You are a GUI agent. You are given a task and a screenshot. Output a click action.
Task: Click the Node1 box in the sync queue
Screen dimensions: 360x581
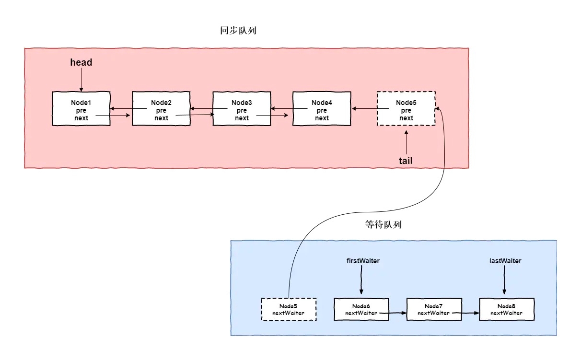(x=81, y=109)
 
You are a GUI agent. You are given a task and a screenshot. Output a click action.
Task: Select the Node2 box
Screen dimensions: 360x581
(x=161, y=109)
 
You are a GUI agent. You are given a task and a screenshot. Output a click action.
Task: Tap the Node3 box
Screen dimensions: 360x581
(x=242, y=109)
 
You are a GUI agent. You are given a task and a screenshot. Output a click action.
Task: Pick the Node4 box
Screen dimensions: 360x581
(x=321, y=109)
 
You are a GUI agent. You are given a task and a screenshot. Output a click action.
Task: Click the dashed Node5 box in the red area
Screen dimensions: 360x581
(x=406, y=109)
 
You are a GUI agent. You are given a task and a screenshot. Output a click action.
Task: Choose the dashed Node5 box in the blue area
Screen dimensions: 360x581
(x=289, y=309)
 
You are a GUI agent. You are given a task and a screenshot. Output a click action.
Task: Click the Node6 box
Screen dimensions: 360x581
(x=361, y=309)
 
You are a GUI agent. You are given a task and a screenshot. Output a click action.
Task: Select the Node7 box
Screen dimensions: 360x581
(x=434, y=309)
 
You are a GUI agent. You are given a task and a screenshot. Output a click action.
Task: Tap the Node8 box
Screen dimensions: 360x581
(x=506, y=309)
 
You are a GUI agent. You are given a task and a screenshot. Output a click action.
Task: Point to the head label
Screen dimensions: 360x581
(x=81, y=62)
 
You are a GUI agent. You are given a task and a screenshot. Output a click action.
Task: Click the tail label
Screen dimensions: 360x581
(x=406, y=161)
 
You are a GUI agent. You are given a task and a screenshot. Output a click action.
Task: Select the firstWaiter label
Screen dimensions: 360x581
(x=363, y=261)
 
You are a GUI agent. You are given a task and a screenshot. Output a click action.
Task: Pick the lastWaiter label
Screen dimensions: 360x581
(x=505, y=261)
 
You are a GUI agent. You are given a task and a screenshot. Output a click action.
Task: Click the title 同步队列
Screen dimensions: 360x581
(x=235, y=31)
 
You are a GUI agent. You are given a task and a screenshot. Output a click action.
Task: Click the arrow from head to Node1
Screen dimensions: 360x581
(x=81, y=80)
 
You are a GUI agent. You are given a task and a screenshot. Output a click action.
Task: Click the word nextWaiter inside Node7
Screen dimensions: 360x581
(x=434, y=313)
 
